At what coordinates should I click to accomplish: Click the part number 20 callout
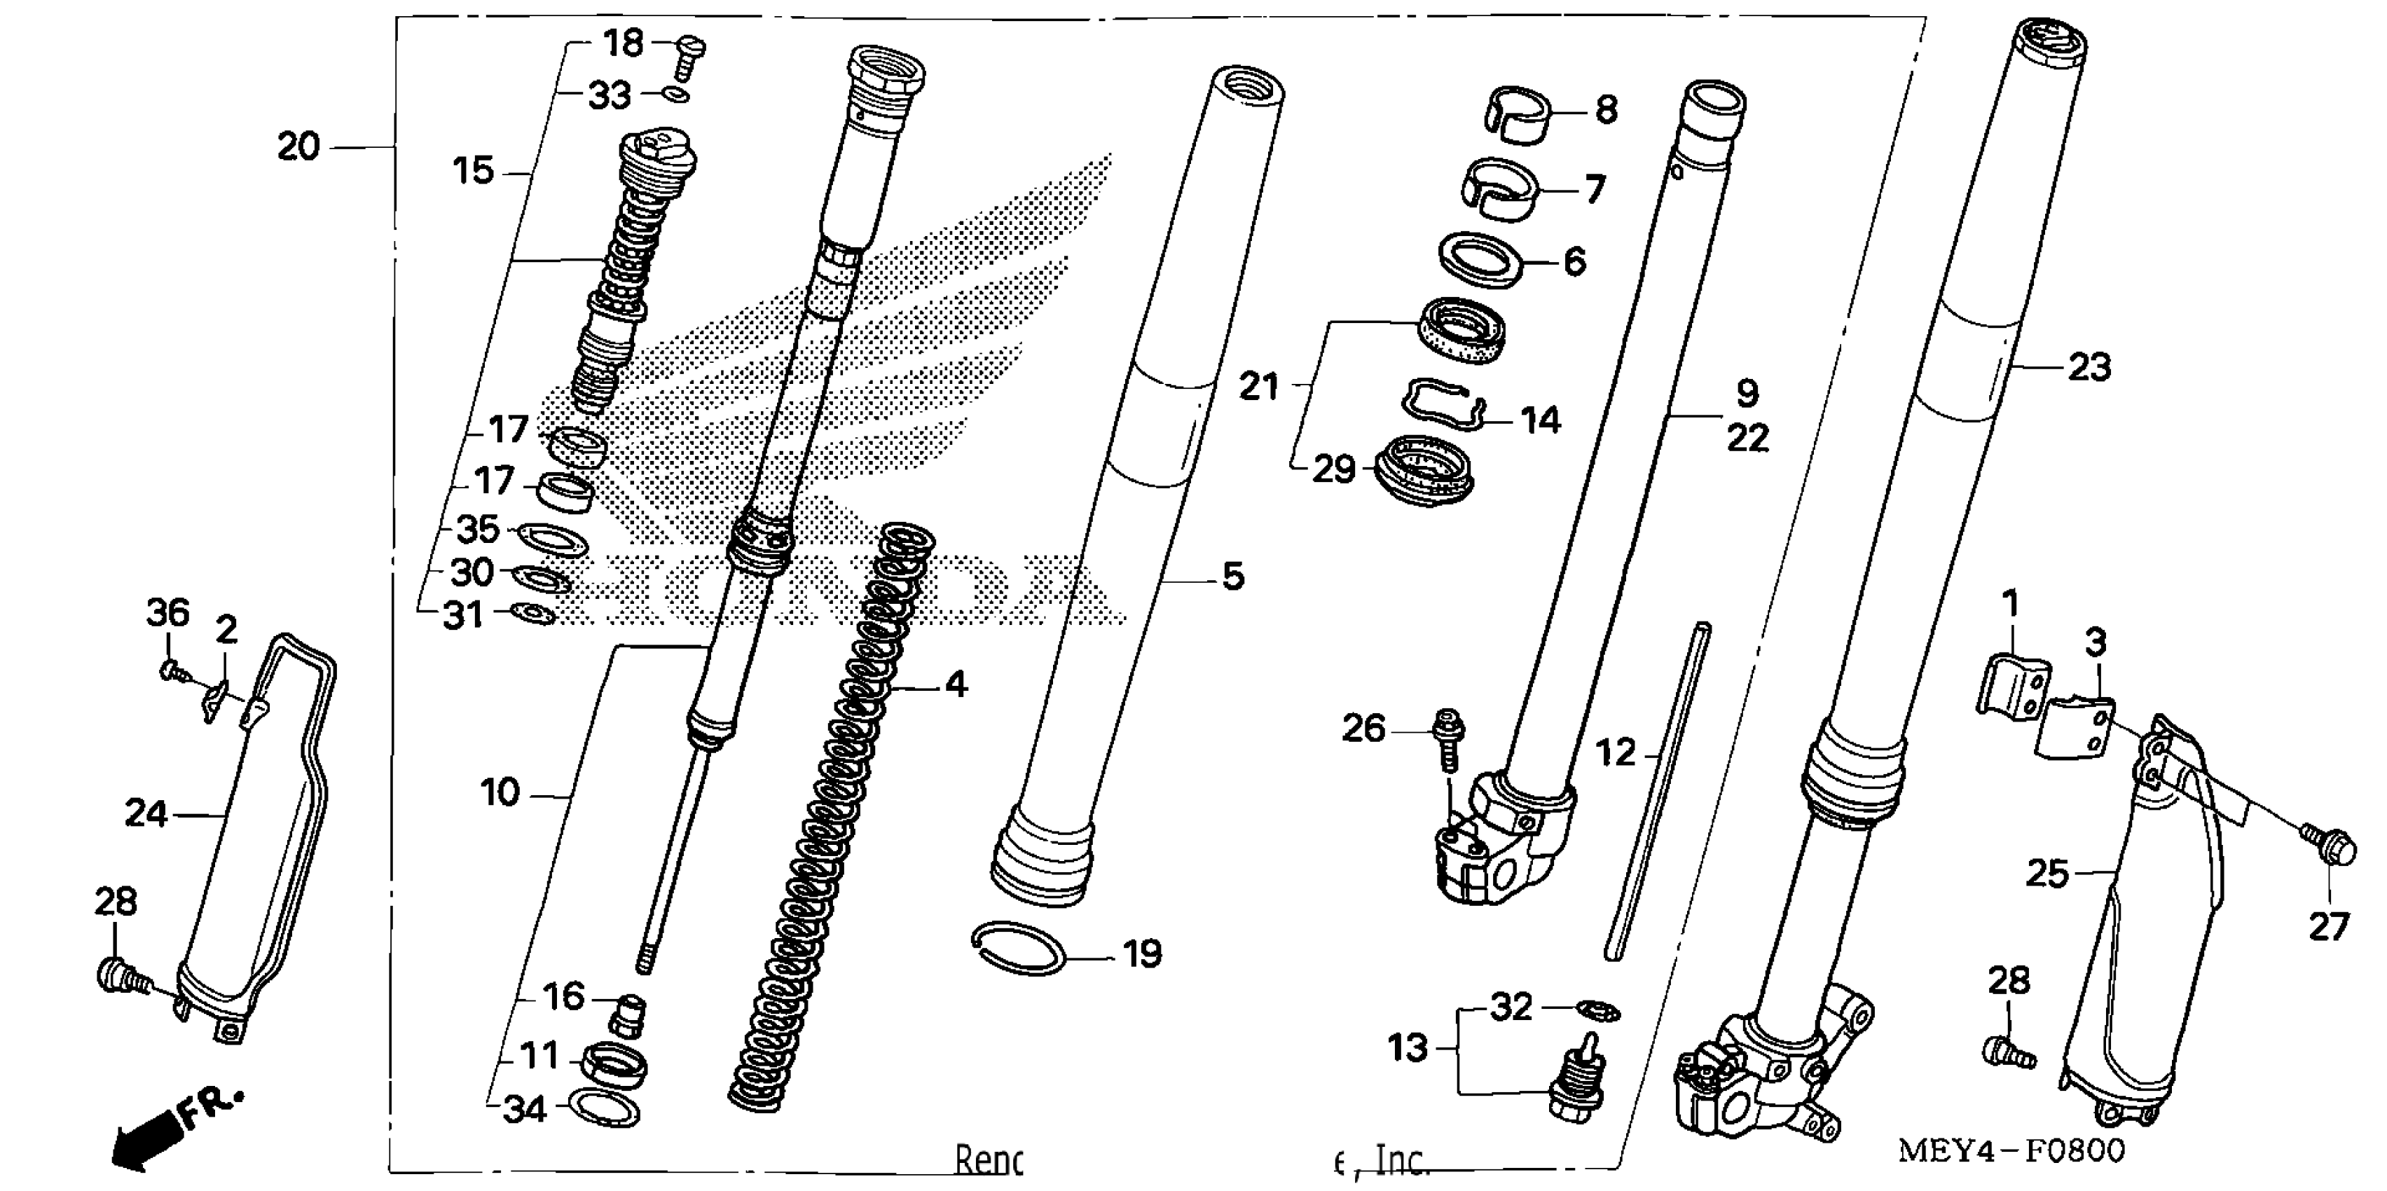coord(298,147)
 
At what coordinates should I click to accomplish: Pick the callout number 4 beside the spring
coord(956,685)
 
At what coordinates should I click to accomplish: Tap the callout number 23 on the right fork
coord(2089,368)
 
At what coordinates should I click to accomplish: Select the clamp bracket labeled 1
coord(2013,684)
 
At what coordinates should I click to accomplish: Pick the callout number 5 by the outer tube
coord(1232,577)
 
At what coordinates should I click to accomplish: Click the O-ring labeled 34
coord(603,1108)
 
